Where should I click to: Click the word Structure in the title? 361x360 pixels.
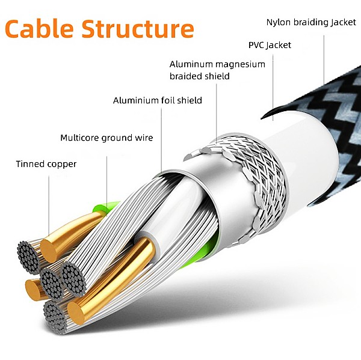pyautogui.click(x=138, y=28)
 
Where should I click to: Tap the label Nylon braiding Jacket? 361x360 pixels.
pyautogui.click(x=311, y=22)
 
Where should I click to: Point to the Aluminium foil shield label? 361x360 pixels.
pyautogui.click(x=158, y=100)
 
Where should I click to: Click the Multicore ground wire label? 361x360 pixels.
pyautogui.click(x=106, y=138)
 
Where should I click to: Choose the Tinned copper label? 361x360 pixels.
pyautogui.click(x=46, y=163)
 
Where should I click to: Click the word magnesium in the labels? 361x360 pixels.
pyautogui.click(x=240, y=64)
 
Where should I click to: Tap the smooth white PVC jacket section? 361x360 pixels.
pyautogui.click(x=307, y=156)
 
